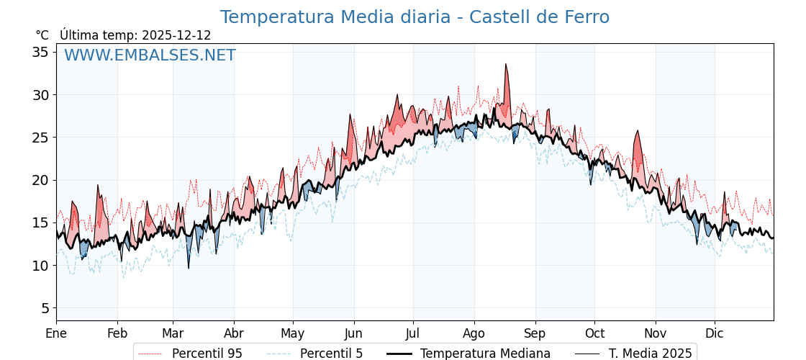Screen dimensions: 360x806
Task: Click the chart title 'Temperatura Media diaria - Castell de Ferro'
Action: pos(415,17)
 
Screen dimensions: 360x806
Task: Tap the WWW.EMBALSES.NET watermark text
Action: pos(150,55)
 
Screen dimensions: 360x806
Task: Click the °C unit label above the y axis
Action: pos(42,35)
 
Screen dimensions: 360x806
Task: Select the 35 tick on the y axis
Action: pos(40,52)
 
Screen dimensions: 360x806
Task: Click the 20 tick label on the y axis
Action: pos(40,180)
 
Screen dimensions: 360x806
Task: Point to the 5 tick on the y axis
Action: pos(45,308)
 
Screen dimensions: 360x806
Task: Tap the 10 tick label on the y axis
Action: pos(40,266)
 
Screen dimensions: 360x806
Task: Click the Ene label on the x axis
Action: pos(56,333)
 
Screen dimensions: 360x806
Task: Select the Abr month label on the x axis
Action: pos(234,333)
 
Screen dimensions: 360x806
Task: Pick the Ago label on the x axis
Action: pos(474,333)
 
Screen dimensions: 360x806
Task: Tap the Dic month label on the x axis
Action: pos(715,333)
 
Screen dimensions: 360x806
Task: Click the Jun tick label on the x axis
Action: pos(353,333)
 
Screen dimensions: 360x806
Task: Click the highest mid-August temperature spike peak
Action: pos(506,64)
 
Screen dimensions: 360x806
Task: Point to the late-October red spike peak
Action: pos(638,131)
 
